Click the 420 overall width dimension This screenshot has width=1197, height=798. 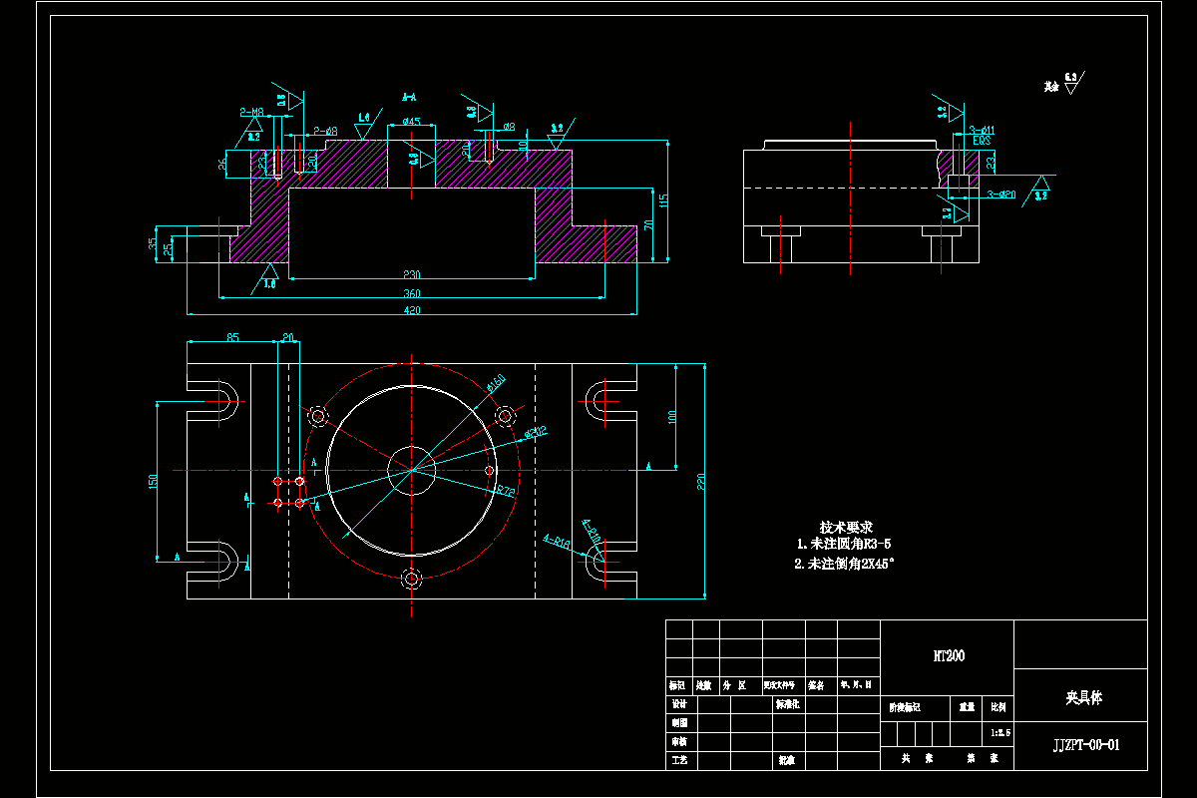click(412, 310)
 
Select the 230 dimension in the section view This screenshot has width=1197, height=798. click(412, 274)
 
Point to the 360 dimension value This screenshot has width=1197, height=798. click(412, 293)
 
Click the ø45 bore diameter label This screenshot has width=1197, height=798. click(411, 122)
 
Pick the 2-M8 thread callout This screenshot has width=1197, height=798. click(251, 112)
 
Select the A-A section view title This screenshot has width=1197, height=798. click(409, 97)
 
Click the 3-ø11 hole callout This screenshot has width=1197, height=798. click(983, 130)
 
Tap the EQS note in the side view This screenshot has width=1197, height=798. click(982, 142)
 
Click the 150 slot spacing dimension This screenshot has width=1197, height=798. click(154, 481)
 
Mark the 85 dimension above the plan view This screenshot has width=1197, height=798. click(231, 337)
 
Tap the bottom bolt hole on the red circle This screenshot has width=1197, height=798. click(411, 577)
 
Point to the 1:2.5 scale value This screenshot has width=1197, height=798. click(999, 733)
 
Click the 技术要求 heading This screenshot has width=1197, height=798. click(846, 527)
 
